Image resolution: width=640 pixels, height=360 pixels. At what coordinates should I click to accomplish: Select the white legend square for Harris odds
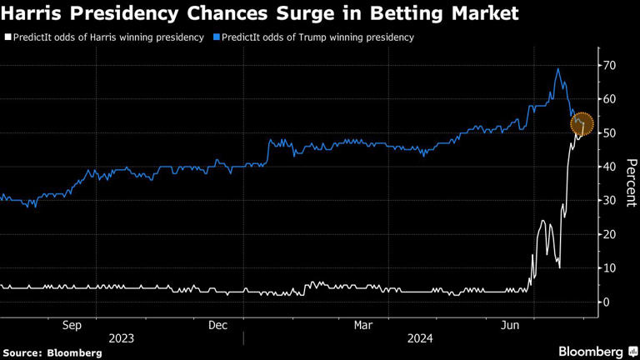[7, 37]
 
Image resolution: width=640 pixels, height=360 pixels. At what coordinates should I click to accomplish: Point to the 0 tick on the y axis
[608, 302]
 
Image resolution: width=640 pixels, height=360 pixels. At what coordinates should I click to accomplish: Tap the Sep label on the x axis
[72, 325]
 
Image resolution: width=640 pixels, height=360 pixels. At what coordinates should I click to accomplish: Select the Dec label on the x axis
[219, 325]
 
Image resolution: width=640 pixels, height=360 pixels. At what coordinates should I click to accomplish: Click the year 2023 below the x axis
[122, 339]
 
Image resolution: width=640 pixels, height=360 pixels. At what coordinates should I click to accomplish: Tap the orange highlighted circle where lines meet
[582, 125]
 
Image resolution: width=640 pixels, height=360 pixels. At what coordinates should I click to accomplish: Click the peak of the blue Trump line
[557, 68]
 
